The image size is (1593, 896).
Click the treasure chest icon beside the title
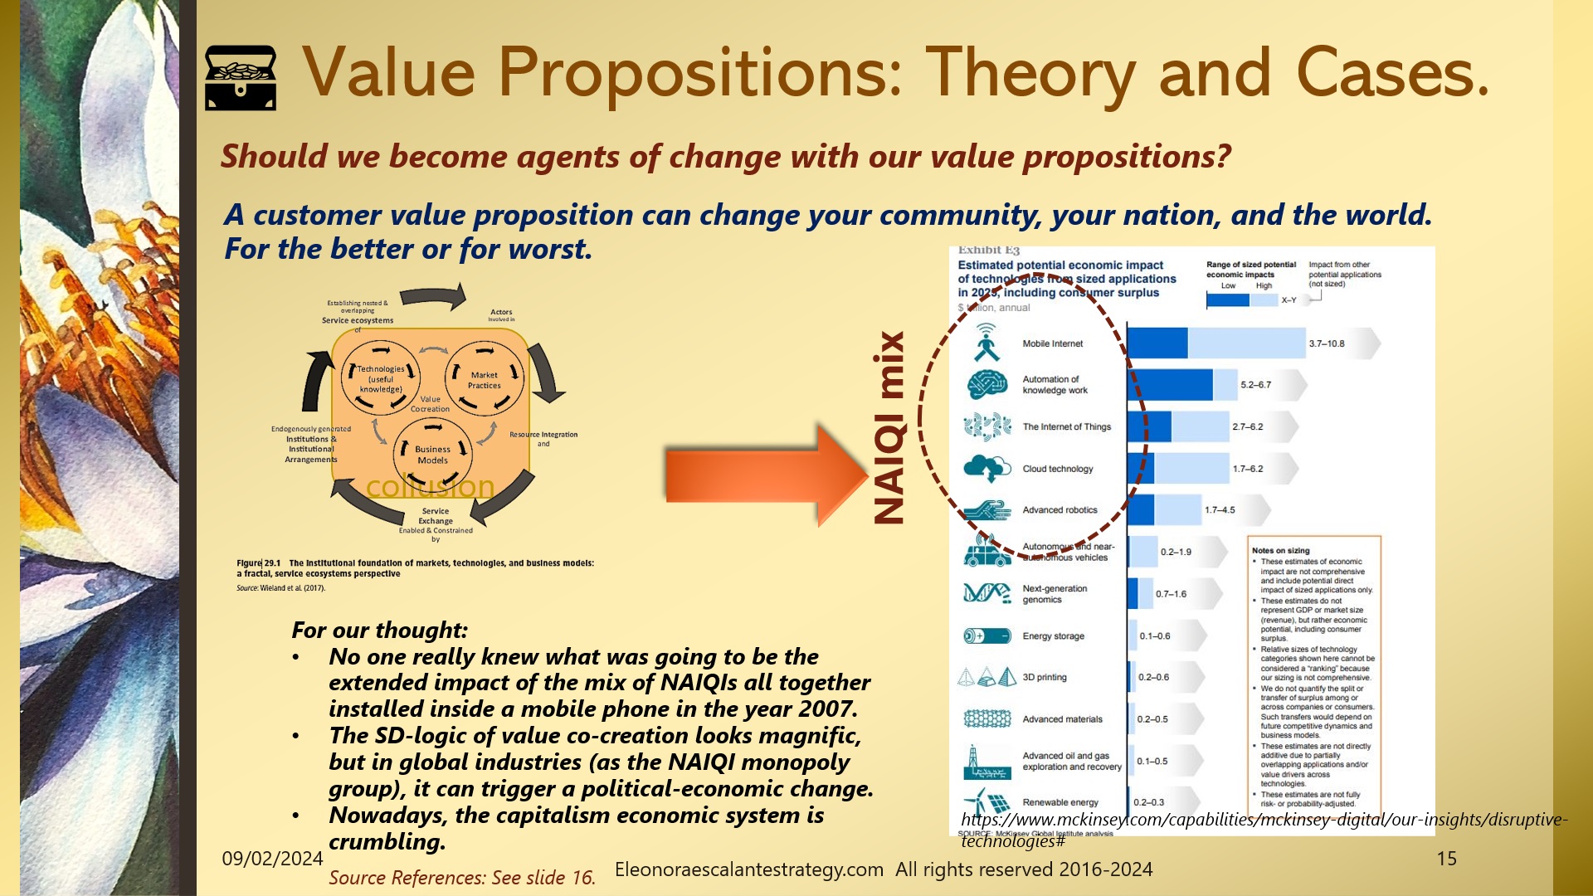(241, 77)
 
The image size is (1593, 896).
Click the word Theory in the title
(1030, 73)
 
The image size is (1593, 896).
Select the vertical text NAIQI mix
(889, 428)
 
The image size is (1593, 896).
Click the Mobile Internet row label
(1052, 343)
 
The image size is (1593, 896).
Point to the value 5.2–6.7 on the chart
(1255, 385)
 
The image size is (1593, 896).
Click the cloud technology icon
(986, 469)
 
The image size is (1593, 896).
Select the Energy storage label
(1053, 636)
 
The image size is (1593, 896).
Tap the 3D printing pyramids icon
(986, 678)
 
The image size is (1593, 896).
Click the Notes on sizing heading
(1280, 550)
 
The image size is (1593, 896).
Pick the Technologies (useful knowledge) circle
(381, 379)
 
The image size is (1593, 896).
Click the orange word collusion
(430, 487)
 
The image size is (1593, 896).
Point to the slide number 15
(1446, 859)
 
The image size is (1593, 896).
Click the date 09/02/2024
(272, 859)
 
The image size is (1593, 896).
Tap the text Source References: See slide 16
(462, 878)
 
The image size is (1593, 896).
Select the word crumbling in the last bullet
(386, 842)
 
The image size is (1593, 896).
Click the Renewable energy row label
(1060, 802)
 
